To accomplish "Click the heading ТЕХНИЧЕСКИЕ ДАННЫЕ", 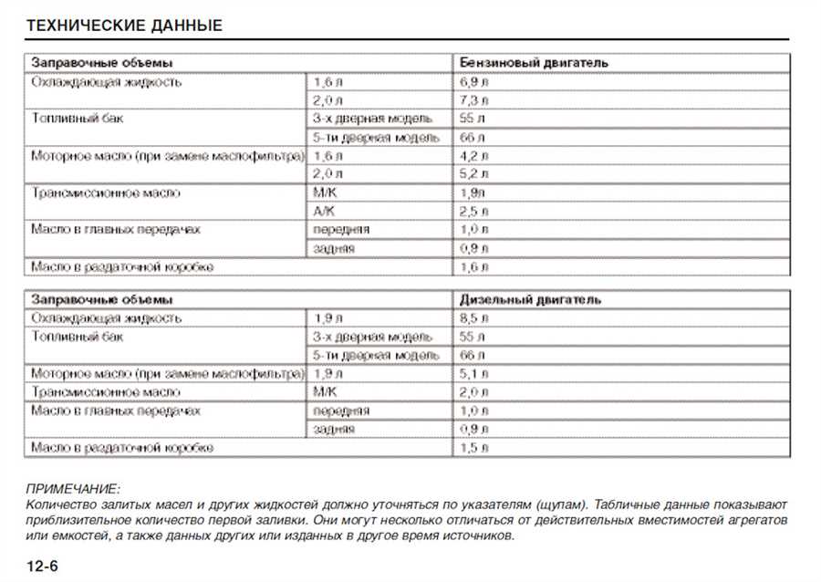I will [125, 26].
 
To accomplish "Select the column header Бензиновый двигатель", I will [534, 63].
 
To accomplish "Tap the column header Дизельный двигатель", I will [530, 299].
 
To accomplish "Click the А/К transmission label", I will [325, 211].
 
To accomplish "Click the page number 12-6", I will [43, 566].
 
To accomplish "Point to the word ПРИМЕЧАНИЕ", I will [74, 490].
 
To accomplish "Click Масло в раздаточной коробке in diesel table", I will [122, 449].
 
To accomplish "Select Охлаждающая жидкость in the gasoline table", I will [107, 81].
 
